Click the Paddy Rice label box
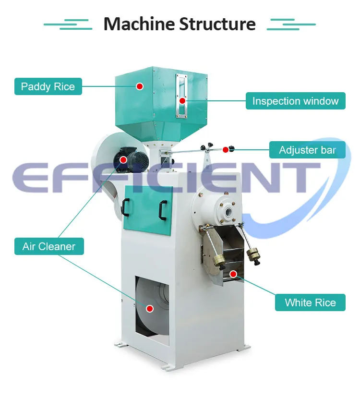coord(48,86)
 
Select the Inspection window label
coord(295,101)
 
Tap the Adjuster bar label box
coord(307,150)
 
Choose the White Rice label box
coord(310,302)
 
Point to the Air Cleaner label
coord(49,246)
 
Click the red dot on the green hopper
coord(139,86)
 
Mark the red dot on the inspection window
coord(182,101)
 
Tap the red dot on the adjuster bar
coord(226,150)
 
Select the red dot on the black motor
coord(123,160)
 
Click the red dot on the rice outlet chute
coord(233,274)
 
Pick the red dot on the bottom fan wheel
coord(150,309)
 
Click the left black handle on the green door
coord(125,207)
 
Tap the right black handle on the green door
coord(163,210)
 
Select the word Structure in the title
coord(217,24)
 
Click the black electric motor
coord(131,160)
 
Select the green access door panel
coord(147,210)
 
